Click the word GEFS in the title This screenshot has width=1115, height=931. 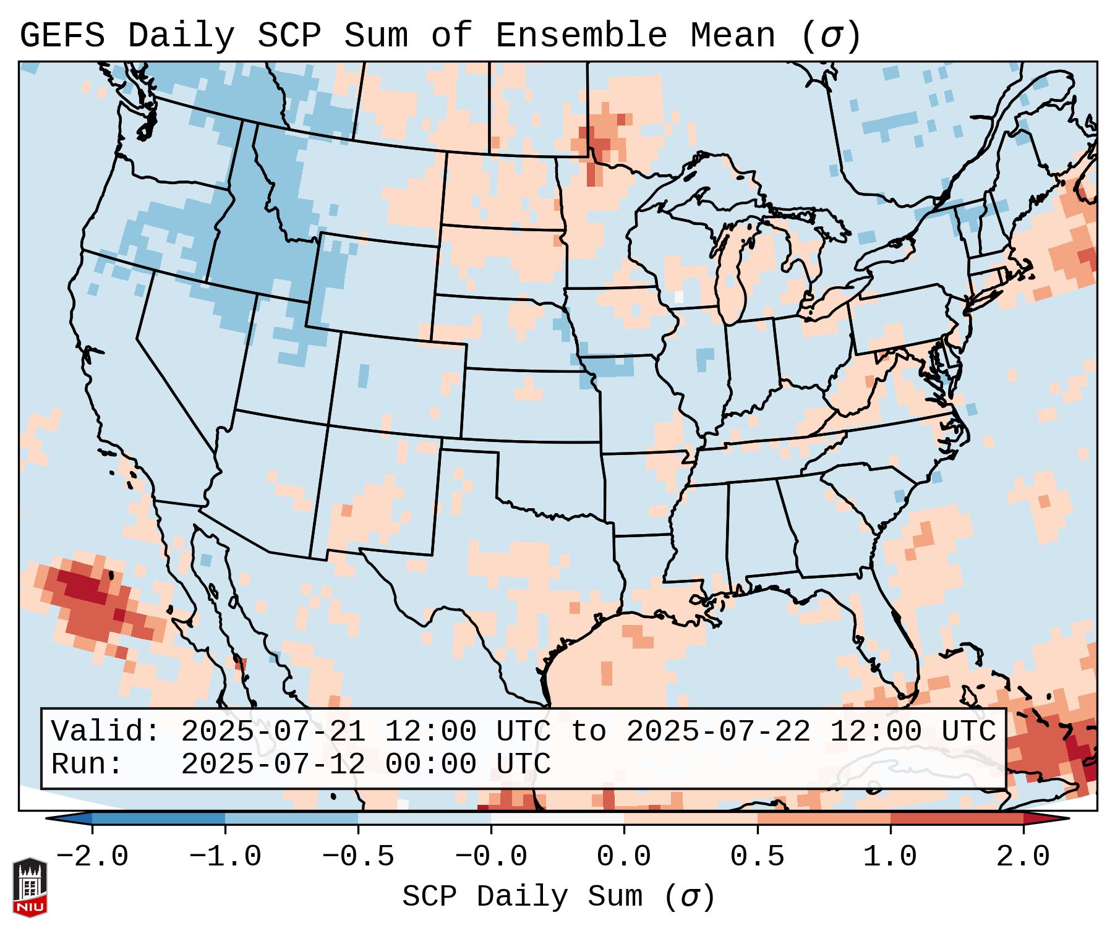[x=62, y=36]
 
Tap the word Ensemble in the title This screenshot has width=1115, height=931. [x=581, y=36]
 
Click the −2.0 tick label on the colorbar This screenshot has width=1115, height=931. [x=92, y=857]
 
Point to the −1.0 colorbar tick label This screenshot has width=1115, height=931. [x=225, y=857]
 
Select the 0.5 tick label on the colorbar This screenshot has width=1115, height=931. [x=757, y=857]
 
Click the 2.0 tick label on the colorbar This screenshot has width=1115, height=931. [x=1023, y=857]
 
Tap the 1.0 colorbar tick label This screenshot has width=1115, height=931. [x=890, y=857]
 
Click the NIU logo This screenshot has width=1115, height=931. [x=30, y=886]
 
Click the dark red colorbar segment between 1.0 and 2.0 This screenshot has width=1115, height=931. [x=957, y=818]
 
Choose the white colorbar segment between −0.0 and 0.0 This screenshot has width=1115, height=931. [x=557, y=818]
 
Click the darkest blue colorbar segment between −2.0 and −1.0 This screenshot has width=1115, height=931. [x=158, y=818]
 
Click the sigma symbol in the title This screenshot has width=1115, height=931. [x=831, y=36]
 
